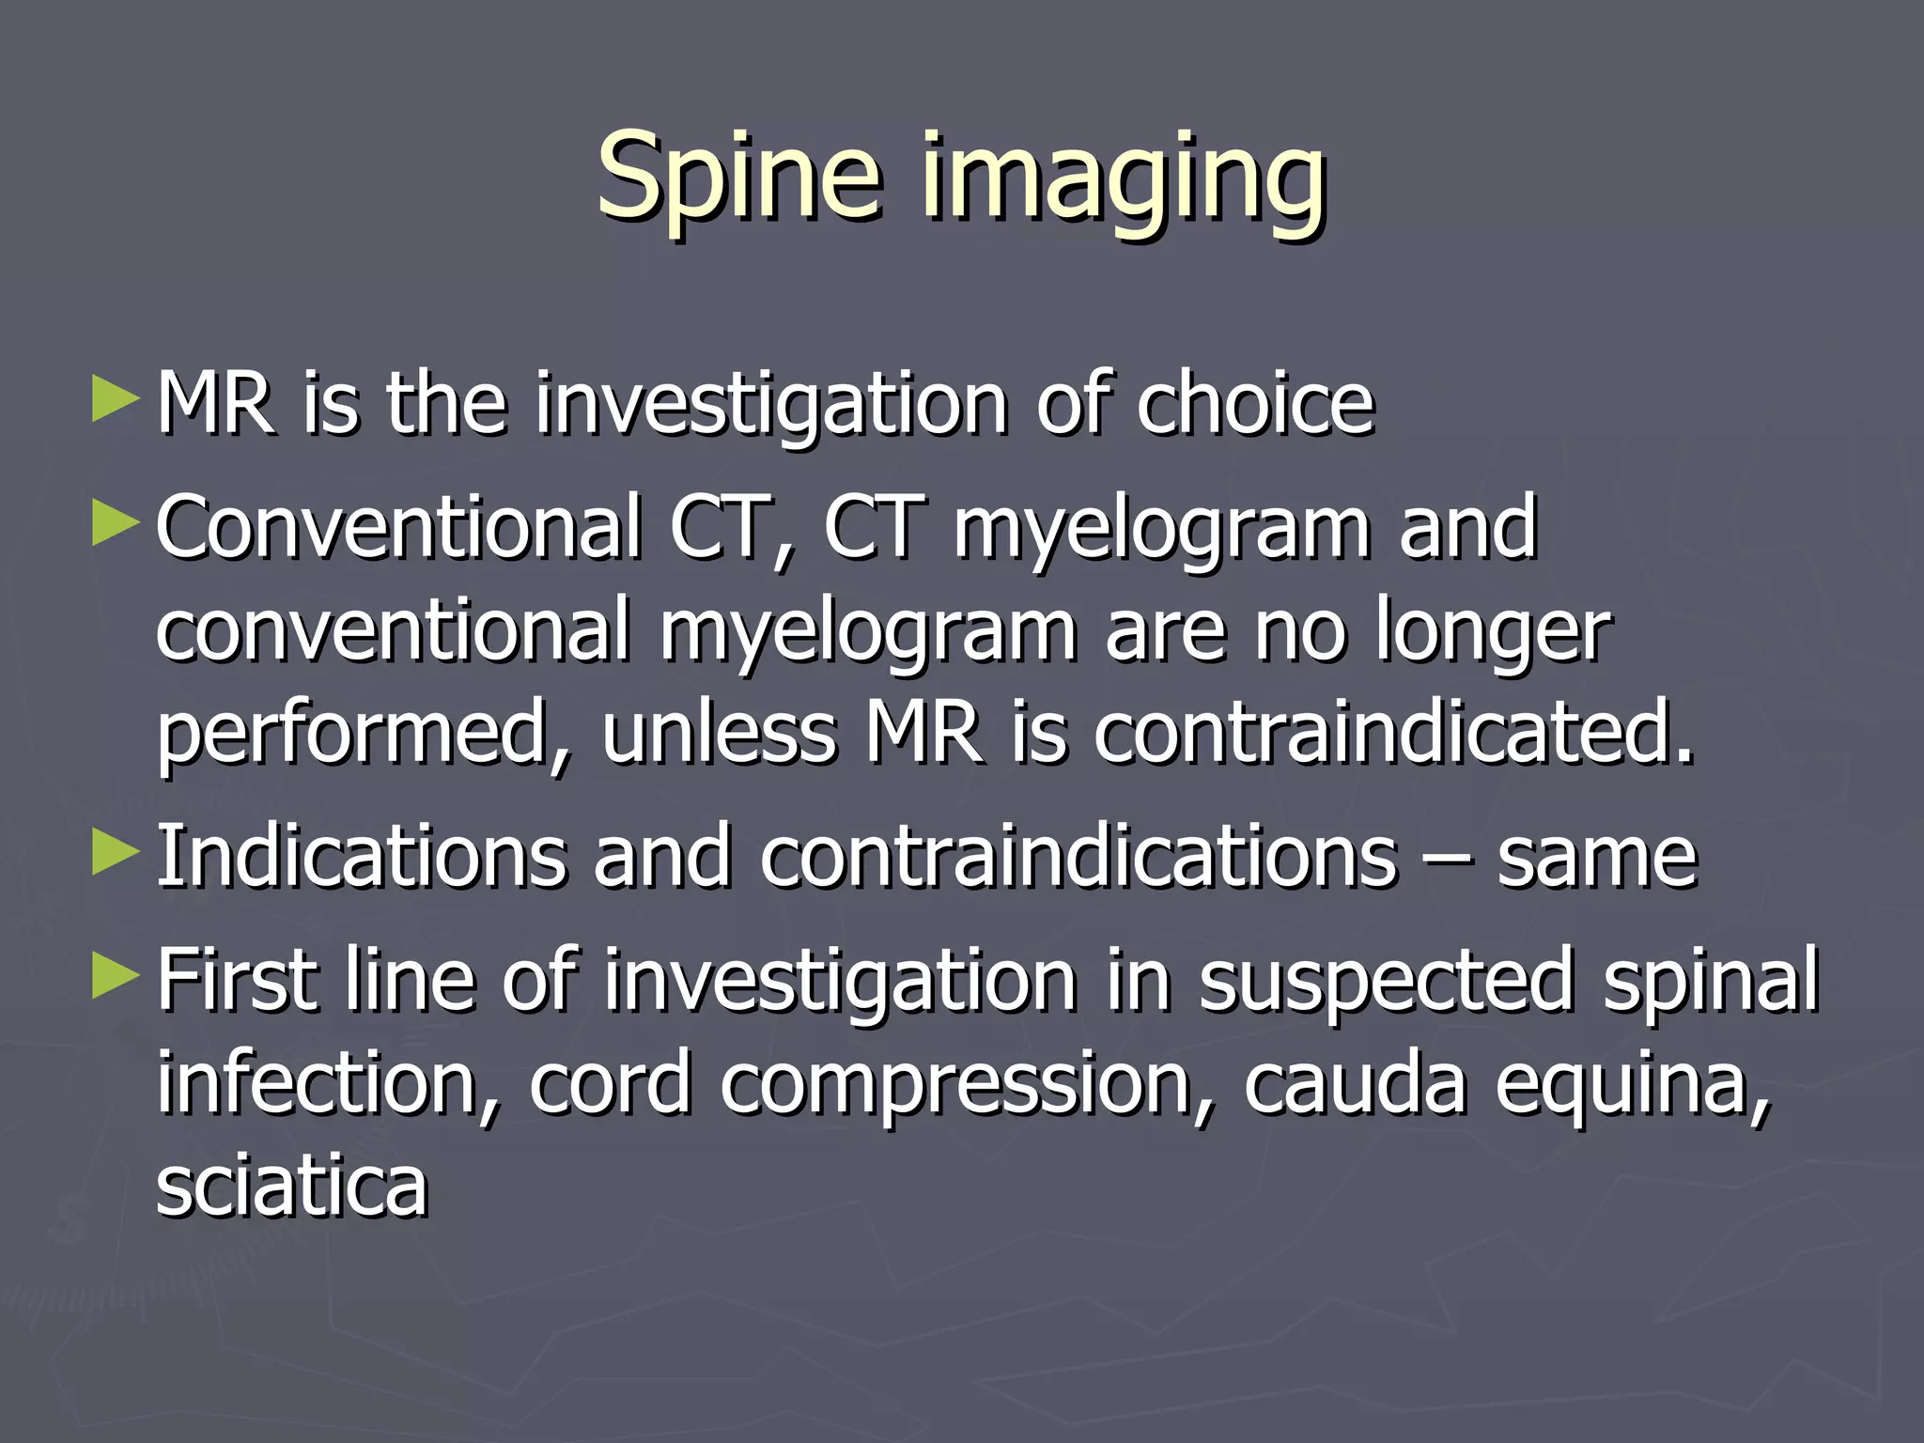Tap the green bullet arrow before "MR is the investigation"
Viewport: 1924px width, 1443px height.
click(116, 399)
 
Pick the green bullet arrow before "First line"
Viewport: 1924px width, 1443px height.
click(116, 976)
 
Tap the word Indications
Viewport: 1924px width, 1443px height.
click(361, 857)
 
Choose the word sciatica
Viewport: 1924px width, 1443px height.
click(291, 1186)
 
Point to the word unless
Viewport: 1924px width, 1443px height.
click(719, 735)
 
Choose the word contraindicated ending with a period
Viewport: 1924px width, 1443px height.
click(1394, 735)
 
